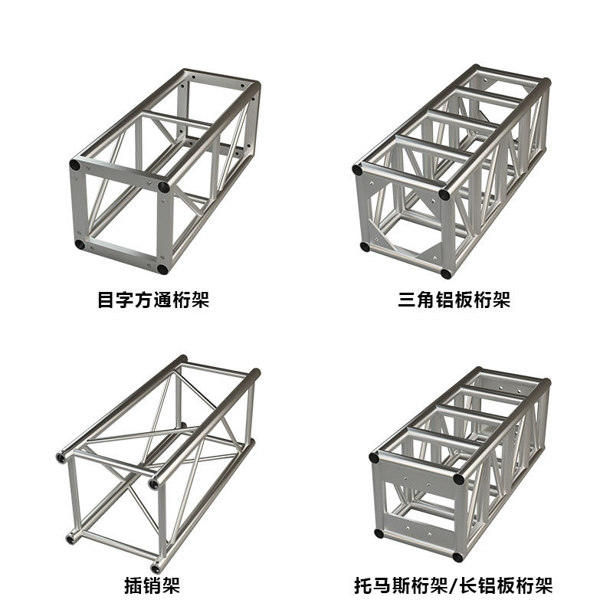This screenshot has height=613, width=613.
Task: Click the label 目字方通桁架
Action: click(153, 300)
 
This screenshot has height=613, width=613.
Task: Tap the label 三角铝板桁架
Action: click(454, 300)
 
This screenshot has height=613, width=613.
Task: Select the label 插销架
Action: click(152, 585)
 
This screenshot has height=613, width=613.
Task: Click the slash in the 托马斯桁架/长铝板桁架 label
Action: click(453, 585)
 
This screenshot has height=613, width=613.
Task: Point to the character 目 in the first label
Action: click(106, 300)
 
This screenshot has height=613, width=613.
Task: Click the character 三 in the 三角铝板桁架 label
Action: click(407, 300)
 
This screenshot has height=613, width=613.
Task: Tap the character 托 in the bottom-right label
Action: click(362, 585)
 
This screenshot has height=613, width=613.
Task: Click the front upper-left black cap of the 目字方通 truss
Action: click(74, 165)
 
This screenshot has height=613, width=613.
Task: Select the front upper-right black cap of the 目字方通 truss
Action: click(164, 187)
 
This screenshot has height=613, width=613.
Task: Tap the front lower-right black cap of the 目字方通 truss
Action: click(162, 270)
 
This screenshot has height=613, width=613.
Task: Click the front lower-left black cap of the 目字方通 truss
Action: click(80, 245)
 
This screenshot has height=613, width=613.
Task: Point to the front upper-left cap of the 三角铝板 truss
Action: click(357, 169)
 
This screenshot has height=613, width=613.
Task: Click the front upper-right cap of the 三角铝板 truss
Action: click(444, 195)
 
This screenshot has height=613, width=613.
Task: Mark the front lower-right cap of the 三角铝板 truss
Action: click(446, 274)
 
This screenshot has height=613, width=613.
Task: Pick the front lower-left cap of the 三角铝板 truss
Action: click(365, 247)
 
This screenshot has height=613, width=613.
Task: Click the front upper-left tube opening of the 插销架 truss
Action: click(61, 457)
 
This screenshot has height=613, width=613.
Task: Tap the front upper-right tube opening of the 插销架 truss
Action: click(154, 484)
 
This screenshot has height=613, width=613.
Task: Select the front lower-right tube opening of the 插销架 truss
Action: click(156, 566)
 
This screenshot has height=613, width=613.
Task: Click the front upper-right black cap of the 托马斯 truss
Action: click(458, 479)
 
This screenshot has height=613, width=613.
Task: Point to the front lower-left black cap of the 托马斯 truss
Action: click(379, 533)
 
